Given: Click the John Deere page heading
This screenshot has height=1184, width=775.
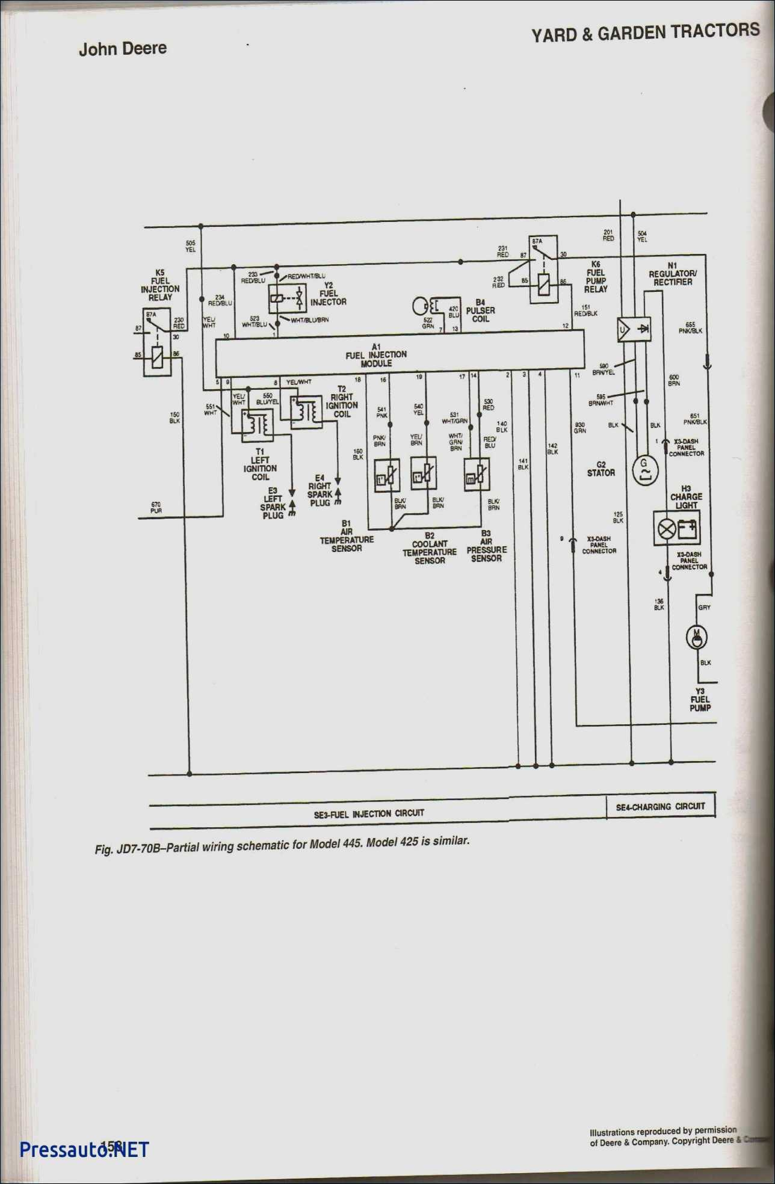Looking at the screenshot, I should tap(123, 49).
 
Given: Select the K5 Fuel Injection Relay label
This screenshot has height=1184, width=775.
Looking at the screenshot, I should tap(160, 285).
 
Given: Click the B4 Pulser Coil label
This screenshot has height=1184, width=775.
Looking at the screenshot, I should tap(480, 310).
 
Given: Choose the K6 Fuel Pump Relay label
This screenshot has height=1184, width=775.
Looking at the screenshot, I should tap(596, 277).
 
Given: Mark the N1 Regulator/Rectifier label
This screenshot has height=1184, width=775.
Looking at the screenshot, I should tap(672, 274).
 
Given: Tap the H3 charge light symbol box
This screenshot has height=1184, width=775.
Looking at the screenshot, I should tap(676, 529).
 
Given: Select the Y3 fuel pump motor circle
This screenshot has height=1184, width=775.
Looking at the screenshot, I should tap(697, 637).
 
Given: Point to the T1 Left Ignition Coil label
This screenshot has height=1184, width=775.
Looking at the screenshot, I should tap(260, 464).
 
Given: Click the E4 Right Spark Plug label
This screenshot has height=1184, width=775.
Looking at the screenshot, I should tap(320, 490).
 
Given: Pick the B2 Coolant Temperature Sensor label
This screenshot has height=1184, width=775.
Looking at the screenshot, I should tap(430, 548).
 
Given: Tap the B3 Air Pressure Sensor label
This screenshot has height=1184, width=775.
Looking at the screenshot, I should tap(486, 546).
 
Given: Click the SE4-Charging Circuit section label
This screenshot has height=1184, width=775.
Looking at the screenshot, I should tap(660, 807).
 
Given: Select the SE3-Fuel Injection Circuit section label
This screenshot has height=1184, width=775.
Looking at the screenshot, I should tap(369, 814).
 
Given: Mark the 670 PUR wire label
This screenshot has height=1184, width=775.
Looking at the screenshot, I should tap(156, 508).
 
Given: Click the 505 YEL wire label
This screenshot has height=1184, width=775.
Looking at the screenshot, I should tap(190, 246).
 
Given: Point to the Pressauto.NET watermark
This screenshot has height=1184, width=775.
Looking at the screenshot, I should tap(84, 1150).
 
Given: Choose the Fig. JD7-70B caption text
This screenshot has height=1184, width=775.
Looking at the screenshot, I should tap(282, 845).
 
